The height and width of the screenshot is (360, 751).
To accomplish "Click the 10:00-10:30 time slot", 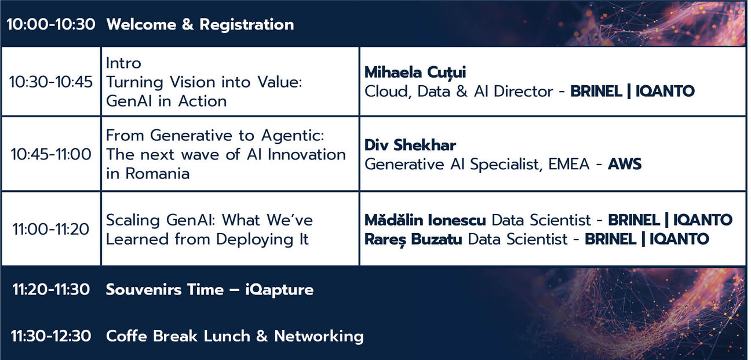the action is click(51, 24).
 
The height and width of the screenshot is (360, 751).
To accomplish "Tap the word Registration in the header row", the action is click(247, 25).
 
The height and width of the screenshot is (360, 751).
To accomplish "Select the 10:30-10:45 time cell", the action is click(51, 82).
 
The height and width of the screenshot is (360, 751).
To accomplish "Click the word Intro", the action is click(123, 63).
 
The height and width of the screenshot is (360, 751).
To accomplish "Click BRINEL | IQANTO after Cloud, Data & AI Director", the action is click(632, 91).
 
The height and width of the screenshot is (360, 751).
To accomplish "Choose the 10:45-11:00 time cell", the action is click(51, 154).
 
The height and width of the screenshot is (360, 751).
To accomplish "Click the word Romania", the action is click(158, 174).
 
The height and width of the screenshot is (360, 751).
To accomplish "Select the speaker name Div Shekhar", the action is click(410, 145).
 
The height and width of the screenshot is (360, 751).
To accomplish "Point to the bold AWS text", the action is click(625, 165).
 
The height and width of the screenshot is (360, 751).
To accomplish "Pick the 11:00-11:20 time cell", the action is click(51, 230).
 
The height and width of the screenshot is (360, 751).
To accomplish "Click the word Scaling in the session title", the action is click(133, 221).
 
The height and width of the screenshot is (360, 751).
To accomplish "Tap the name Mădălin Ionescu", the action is click(425, 220).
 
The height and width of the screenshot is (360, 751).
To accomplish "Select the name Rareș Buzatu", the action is click(413, 239).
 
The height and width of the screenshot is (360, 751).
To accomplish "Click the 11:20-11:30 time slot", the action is click(51, 289).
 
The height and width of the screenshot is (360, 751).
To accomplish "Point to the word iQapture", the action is click(280, 290).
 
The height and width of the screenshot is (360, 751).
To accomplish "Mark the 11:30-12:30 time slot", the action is click(51, 336).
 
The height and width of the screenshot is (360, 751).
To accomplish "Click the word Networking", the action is click(319, 336).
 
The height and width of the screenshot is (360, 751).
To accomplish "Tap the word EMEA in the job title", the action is click(569, 165).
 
